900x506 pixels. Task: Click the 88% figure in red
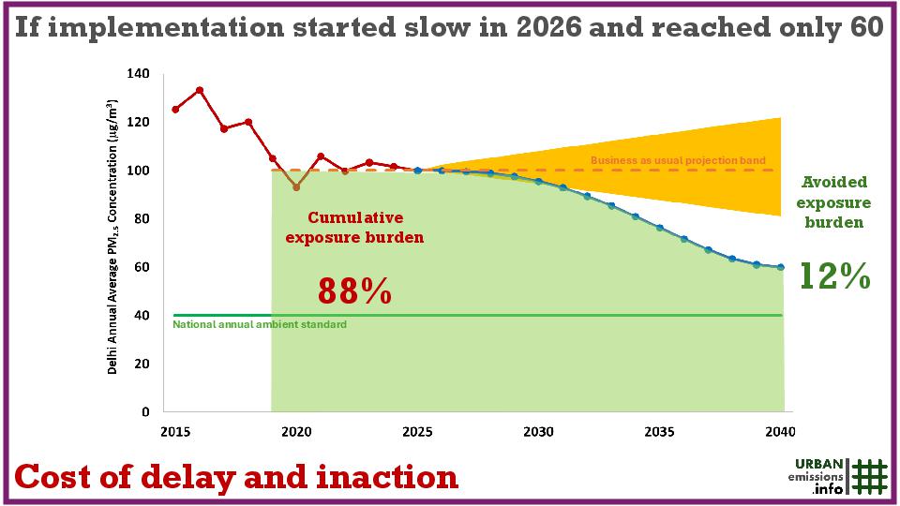coord(354,290)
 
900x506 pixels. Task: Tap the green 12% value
coord(834,276)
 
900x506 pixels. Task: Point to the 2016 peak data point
coord(200,90)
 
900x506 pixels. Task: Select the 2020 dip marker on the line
coord(296,187)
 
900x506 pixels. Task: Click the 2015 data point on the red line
coord(175,110)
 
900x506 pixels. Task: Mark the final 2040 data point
coord(781,267)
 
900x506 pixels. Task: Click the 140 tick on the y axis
coord(138,73)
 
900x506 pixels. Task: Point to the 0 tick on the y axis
coord(144,411)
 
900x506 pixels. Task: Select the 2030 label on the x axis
coord(538,432)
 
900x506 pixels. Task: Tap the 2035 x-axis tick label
coord(659,432)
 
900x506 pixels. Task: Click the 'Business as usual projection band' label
coord(678,161)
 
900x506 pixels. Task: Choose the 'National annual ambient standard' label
coord(260,324)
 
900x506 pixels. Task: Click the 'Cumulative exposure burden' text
coord(354,227)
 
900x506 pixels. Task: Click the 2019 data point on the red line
coord(272,158)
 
